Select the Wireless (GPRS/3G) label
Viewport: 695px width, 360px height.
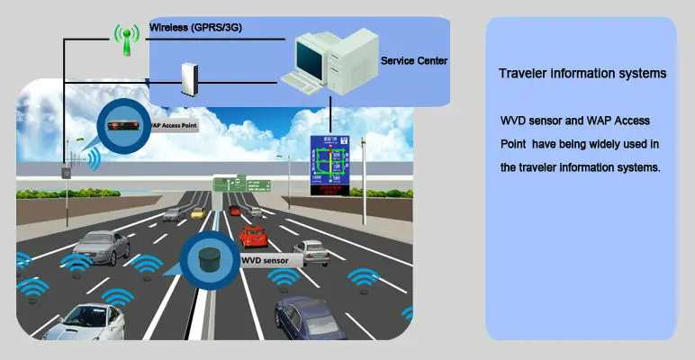click(x=195, y=28)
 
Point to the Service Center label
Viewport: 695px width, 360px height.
click(x=414, y=61)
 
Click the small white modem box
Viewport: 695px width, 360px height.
click(x=188, y=78)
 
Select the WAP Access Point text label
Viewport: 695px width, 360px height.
click(x=169, y=127)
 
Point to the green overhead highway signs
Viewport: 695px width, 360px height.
click(x=242, y=184)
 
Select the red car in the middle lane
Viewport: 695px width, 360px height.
click(x=254, y=237)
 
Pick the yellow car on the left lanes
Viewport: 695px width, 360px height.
click(x=197, y=213)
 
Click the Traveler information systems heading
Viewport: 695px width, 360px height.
click(x=582, y=74)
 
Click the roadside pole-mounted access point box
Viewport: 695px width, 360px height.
click(x=67, y=171)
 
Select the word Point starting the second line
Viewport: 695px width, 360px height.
click(x=514, y=144)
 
